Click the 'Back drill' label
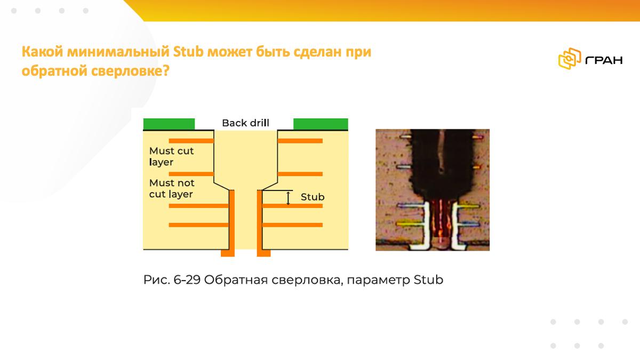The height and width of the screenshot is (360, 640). coord(245,123)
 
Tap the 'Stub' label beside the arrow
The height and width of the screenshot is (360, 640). coord(313,197)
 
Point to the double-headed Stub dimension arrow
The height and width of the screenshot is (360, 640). coord(288,198)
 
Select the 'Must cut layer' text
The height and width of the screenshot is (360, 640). coord(171,156)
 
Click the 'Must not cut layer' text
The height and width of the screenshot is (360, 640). coord(172,188)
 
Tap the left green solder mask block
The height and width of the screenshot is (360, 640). coord(169,124)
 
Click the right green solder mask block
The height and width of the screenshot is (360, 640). coord(321,124)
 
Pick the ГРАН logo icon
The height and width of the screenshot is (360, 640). coord(570,59)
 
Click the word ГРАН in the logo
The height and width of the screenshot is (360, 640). coord(604,60)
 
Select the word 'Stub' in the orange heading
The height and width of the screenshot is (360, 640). coord(188,52)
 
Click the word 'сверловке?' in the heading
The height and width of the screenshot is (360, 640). coord(130,71)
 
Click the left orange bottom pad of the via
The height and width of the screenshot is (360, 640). coord(228,253)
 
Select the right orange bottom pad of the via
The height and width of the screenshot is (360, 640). coord(263,253)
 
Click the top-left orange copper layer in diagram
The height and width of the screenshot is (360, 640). coord(191,141)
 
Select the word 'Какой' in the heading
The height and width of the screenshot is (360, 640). coord(42,52)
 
